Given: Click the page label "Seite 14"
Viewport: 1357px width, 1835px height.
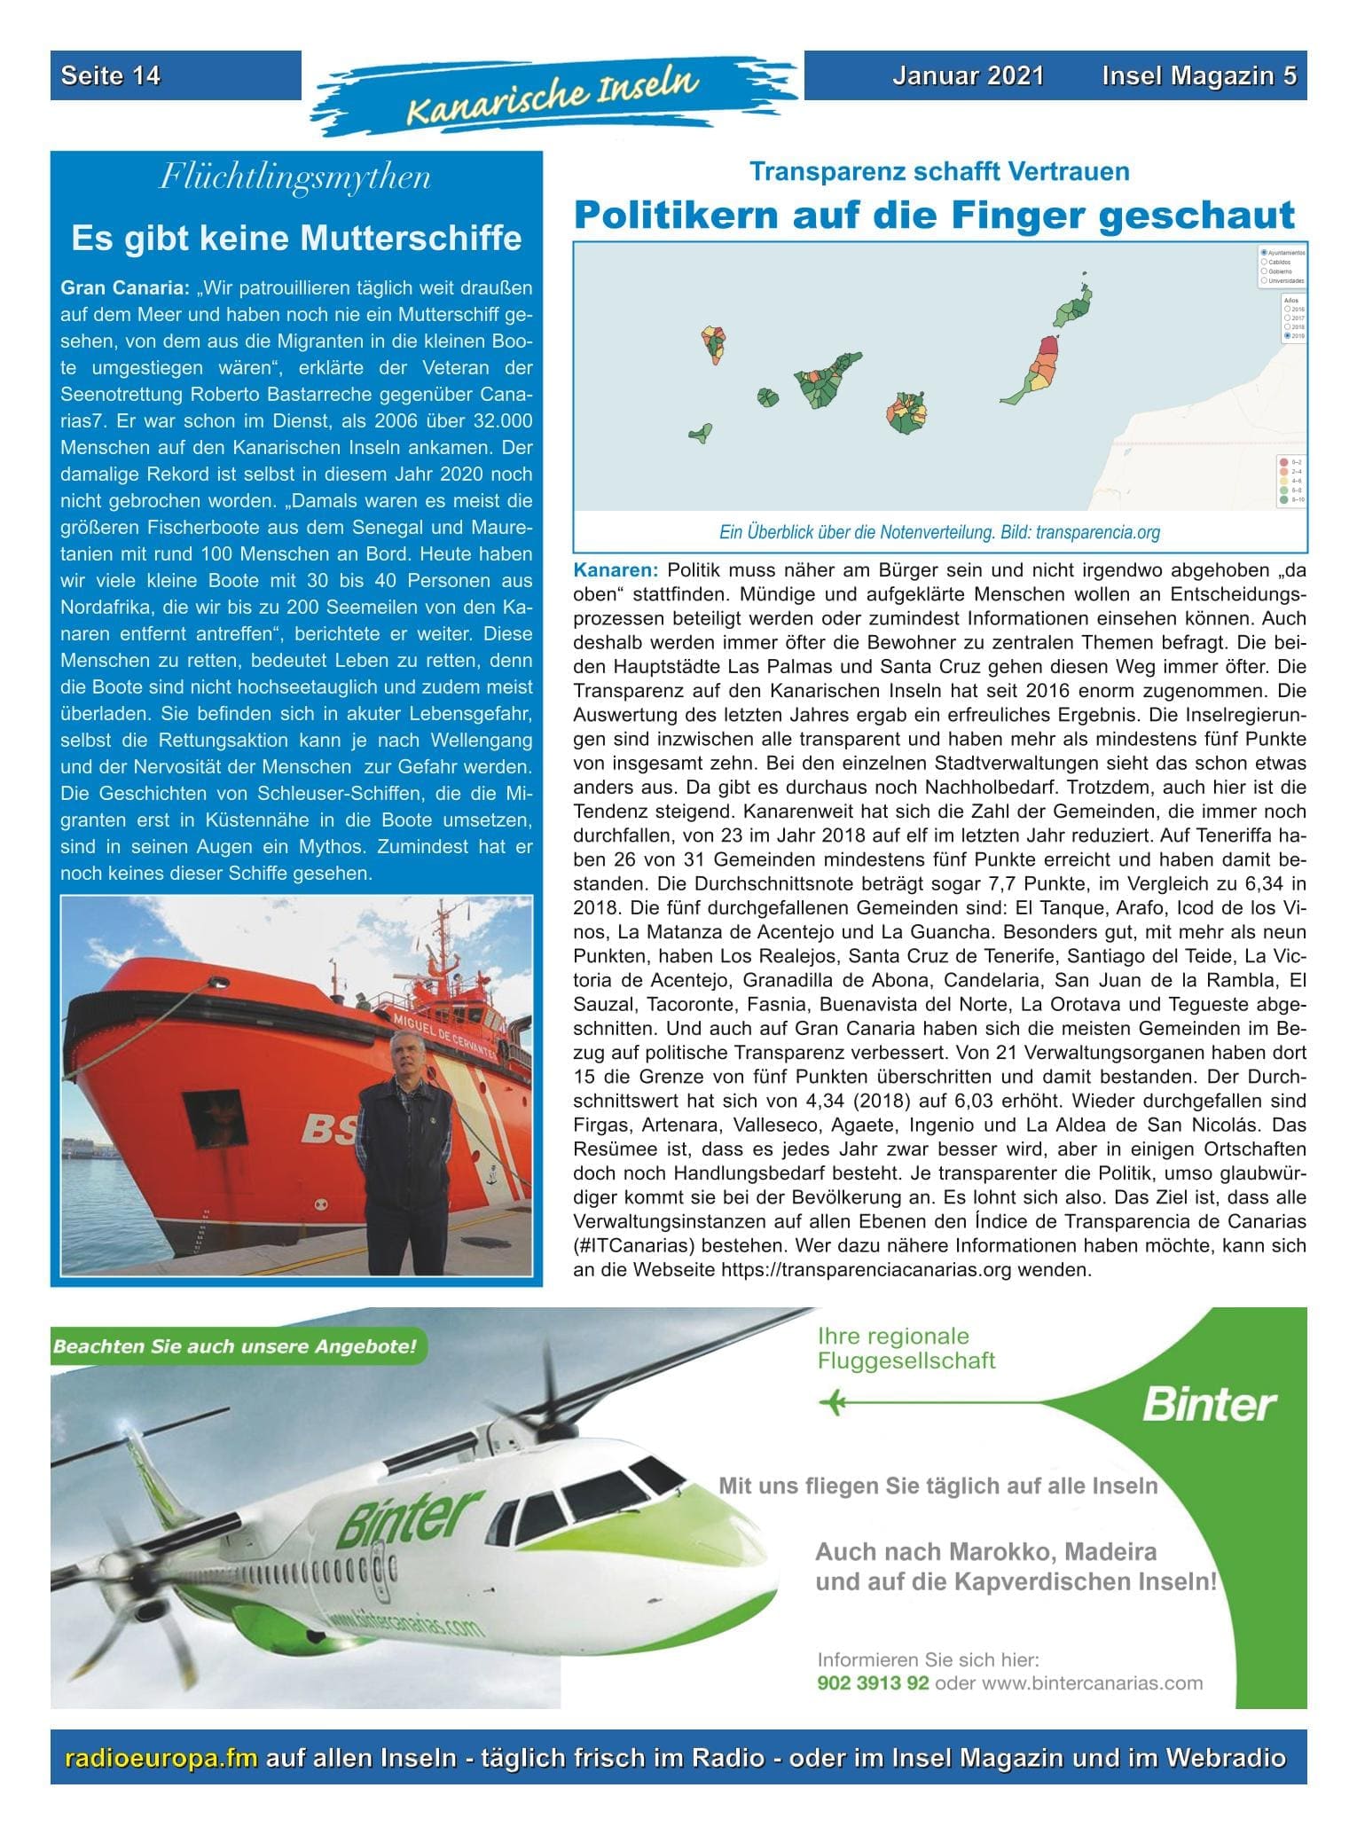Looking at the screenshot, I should coord(111,76).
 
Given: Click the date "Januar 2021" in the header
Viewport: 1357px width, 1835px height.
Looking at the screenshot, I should coord(968,76).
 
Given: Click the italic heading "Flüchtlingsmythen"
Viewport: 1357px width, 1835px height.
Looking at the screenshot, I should coord(295,178).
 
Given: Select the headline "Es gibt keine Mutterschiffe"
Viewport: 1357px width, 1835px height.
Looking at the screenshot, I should coord(296,239).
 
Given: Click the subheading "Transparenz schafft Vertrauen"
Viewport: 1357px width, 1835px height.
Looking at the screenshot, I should coord(939,171).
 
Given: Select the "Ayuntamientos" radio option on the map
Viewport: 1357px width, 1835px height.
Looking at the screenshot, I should coord(1264,253).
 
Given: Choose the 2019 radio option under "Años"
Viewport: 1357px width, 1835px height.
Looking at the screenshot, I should coord(1288,337).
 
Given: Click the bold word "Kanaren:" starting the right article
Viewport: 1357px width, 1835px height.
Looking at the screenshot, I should coord(616,569).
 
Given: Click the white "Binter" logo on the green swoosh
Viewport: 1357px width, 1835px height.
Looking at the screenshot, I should coord(1209,1405).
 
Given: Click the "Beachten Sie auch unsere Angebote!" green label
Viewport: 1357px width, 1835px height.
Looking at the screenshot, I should coord(235,1346).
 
